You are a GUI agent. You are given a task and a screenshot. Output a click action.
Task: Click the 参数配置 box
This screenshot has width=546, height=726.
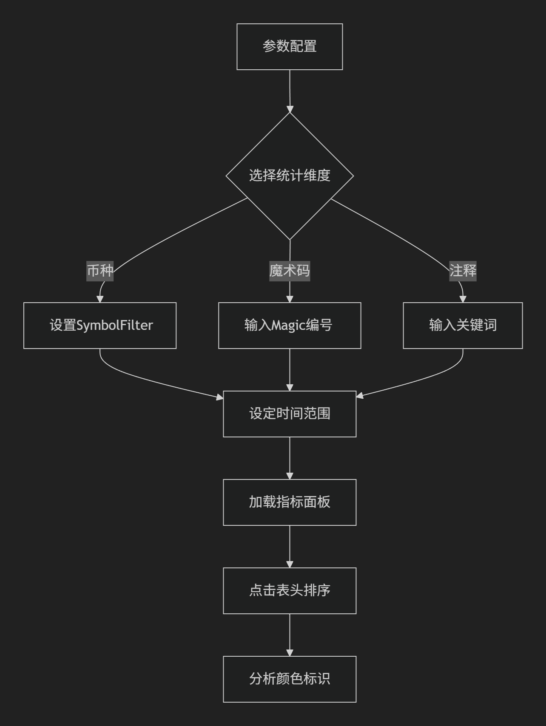click(x=290, y=47)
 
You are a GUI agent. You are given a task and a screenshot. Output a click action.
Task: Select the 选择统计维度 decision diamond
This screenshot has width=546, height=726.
click(x=290, y=176)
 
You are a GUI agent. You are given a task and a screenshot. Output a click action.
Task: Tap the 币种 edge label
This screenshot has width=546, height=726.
click(x=100, y=271)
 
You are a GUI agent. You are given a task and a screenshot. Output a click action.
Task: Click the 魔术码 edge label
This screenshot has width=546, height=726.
click(x=290, y=271)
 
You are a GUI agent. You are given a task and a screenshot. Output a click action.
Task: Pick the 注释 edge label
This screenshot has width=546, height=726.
click(x=463, y=271)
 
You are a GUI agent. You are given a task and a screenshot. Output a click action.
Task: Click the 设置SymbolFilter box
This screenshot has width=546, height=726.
click(x=100, y=326)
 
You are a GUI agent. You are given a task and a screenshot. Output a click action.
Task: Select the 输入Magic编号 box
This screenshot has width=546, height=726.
click(x=290, y=326)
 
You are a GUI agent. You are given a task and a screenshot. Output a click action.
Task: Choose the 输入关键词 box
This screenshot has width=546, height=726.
click(x=463, y=326)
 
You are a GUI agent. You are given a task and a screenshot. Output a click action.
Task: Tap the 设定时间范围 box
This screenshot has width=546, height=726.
click(x=290, y=414)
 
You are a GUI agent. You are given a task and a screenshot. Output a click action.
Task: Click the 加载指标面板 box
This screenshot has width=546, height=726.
click(x=290, y=502)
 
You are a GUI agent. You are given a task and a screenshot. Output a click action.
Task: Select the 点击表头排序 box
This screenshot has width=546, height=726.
click(x=290, y=591)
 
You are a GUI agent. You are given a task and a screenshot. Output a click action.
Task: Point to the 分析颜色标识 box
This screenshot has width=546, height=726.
click(x=290, y=679)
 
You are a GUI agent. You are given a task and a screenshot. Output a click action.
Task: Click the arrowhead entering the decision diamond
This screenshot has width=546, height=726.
click(x=290, y=109)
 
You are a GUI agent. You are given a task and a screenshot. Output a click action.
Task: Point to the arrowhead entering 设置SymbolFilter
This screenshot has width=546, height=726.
click(x=100, y=299)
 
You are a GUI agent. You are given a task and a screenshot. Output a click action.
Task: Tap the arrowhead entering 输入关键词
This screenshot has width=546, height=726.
click(x=463, y=299)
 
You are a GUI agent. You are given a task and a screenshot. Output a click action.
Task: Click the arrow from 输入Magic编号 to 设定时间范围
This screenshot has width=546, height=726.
click(x=290, y=370)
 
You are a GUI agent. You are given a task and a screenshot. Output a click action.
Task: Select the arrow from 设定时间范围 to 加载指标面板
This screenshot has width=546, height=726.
click(x=290, y=458)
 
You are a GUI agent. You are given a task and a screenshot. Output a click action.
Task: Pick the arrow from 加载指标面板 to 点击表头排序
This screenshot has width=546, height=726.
click(x=290, y=547)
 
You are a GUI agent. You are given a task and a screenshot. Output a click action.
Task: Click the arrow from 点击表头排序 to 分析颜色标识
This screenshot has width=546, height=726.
click(x=290, y=635)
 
